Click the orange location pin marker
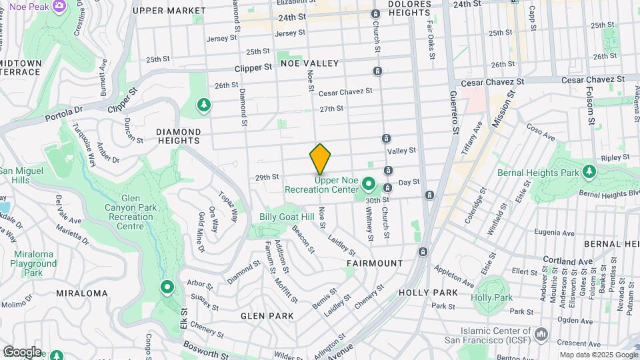[321, 159]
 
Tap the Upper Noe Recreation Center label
[322, 185]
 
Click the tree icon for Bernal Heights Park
[589, 172]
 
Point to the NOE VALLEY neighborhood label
[309, 63]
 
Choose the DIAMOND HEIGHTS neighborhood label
[178, 136]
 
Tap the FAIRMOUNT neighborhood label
[375, 263]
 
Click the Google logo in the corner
[21, 352]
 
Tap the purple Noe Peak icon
[59, 6]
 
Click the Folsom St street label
[590, 106]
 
